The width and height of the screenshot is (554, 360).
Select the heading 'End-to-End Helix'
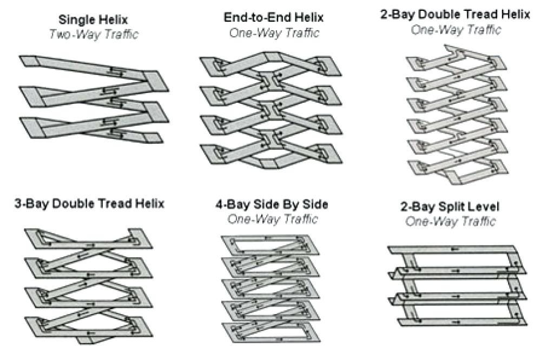(273, 18)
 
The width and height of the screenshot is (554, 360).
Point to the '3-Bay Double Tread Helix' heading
(89, 204)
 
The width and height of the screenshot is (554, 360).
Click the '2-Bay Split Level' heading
(450, 206)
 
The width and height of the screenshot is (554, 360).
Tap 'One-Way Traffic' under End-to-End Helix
(273, 32)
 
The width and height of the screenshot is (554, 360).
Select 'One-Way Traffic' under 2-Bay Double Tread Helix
(455, 29)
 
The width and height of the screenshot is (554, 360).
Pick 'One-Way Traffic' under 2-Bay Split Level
(450, 221)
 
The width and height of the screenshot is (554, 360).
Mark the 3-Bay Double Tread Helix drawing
(87, 284)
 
